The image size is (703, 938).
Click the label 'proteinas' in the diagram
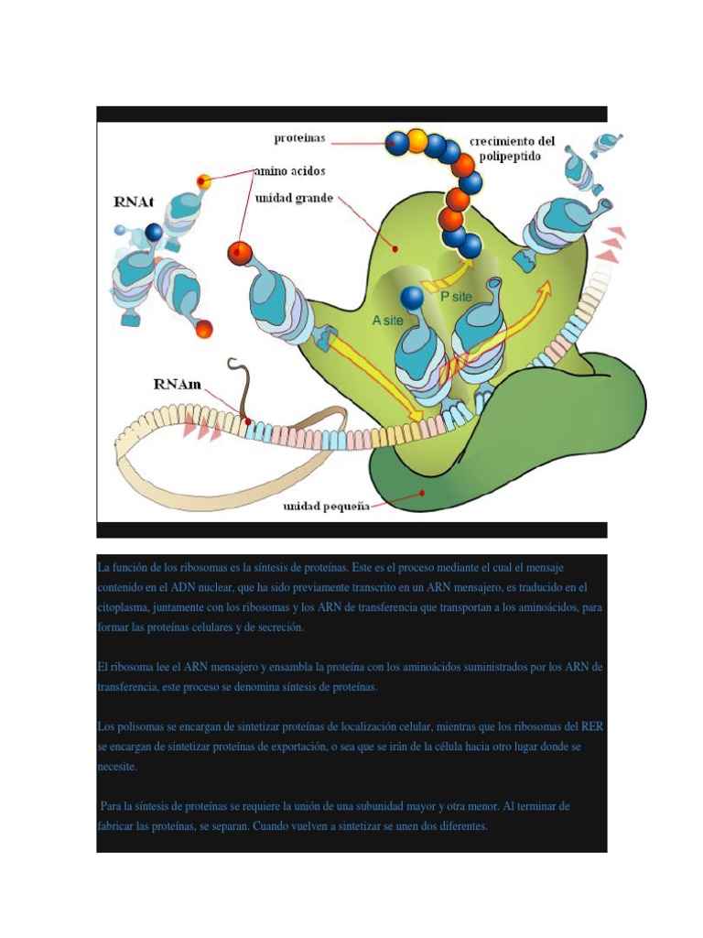pyautogui.click(x=300, y=139)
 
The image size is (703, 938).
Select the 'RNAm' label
pyautogui.click(x=177, y=386)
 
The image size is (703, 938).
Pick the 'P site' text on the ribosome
pyautogui.click(x=457, y=298)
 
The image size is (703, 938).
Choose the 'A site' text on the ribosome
pyautogui.click(x=387, y=322)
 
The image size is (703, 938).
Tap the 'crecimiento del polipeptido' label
pyautogui.click(x=512, y=149)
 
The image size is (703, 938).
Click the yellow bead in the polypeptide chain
pyautogui.click(x=417, y=140)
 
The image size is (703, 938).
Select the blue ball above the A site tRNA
pyautogui.click(x=413, y=298)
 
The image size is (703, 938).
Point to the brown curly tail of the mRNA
pyautogui.click(x=242, y=385)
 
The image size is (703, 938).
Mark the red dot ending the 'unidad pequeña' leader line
pyautogui.click(x=422, y=492)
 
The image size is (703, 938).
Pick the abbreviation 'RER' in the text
pyautogui.click(x=592, y=726)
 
